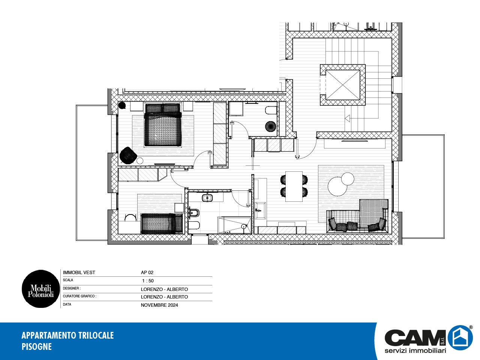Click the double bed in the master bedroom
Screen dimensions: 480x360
(163, 125)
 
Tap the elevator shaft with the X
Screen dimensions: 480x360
(343, 85)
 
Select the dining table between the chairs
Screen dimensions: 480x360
(294, 186)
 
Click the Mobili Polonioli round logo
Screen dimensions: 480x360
(40, 289)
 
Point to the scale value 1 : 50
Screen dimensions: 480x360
(148, 280)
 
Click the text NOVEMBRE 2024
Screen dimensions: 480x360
(159, 305)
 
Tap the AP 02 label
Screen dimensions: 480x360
(147, 273)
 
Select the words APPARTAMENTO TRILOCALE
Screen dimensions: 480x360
(67, 335)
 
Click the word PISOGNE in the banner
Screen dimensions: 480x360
(36, 346)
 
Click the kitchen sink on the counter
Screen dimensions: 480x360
(261, 210)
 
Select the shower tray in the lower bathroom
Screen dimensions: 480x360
(234, 225)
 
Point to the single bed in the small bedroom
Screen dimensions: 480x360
(162, 223)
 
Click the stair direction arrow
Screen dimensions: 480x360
(348, 118)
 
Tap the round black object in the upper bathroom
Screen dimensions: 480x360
(271, 126)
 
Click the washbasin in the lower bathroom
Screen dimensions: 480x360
(207, 198)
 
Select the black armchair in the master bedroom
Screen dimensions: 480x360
(128, 155)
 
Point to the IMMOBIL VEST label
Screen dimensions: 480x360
(79, 273)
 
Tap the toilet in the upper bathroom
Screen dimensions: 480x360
(271, 110)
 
